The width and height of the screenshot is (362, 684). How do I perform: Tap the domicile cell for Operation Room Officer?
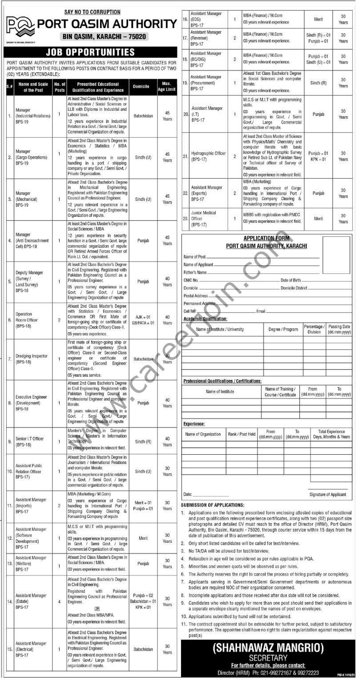pyautogui.click(x=143, y=320)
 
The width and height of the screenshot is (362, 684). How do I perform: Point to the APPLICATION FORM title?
pyautogui.click(x=266, y=239)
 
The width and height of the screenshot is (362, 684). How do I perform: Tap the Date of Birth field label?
pyautogui.click(x=290, y=280)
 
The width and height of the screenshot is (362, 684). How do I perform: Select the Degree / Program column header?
pyautogui.click(x=283, y=329)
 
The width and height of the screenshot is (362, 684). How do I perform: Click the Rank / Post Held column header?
pyautogui.click(x=241, y=434)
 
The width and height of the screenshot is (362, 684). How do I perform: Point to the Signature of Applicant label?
pyautogui.click(x=327, y=494)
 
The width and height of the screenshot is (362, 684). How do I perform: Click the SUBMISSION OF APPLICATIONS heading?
pyautogui.click(x=213, y=505)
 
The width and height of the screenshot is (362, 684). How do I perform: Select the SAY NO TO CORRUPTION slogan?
pyautogui.click(x=93, y=12)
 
